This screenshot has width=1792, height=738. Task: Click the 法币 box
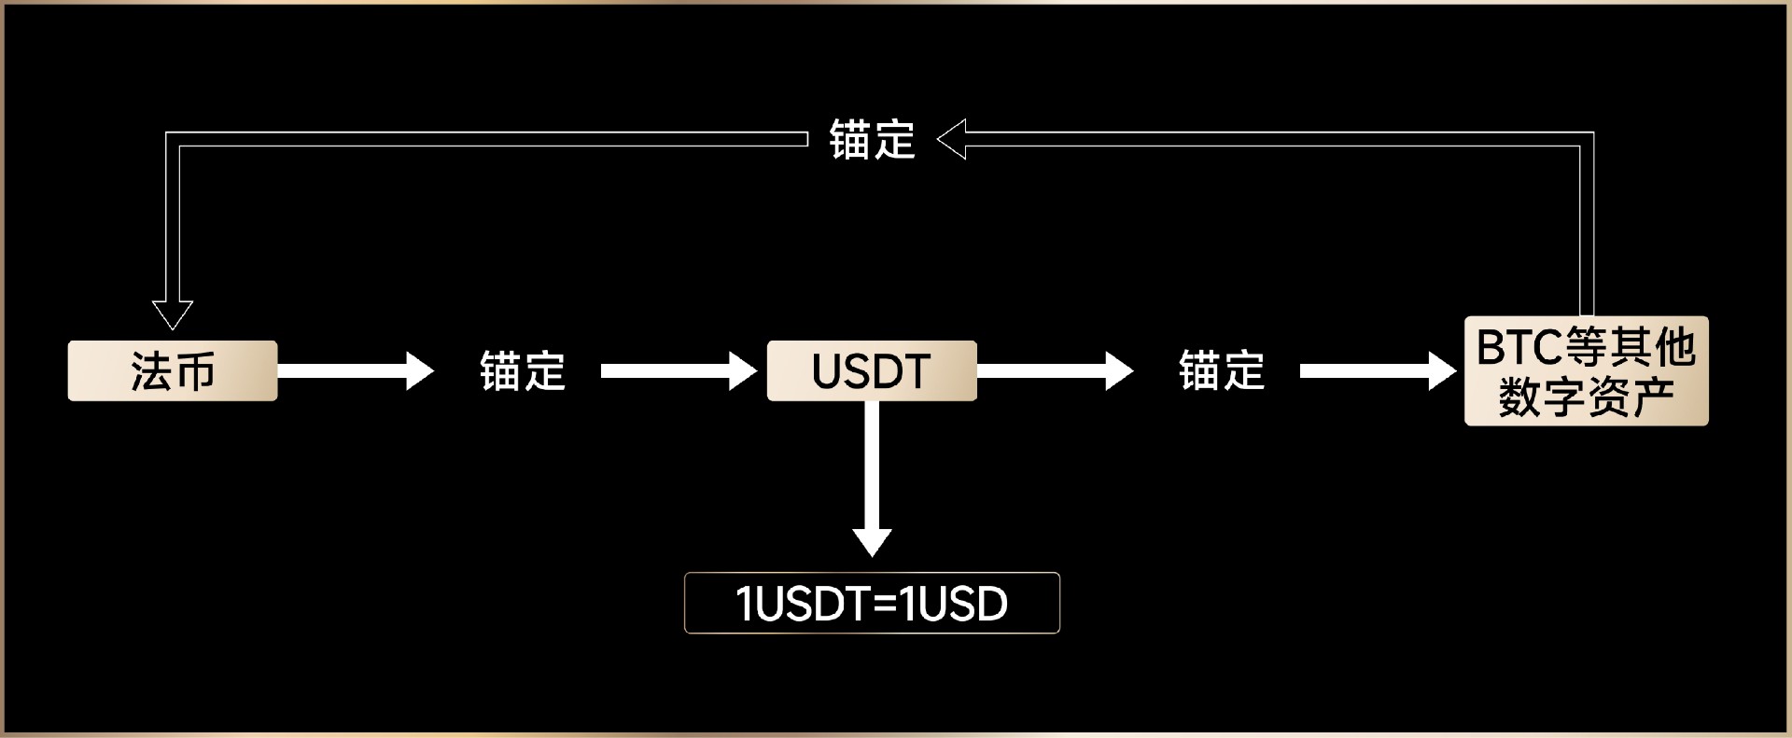pyautogui.click(x=173, y=370)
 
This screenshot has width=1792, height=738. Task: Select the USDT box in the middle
pyautogui.click(x=872, y=370)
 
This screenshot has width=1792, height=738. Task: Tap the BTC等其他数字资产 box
pyautogui.click(x=1586, y=371)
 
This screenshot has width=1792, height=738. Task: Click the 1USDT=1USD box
pyautogui.click(x=872, y=603)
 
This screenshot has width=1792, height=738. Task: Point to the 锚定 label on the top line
pyautogui.click(x=872, y=140)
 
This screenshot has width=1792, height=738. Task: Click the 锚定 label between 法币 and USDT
pyautogui.click(x=523, y=370)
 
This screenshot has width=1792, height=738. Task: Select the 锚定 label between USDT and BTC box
pyautogui.click(x=1222, y=370)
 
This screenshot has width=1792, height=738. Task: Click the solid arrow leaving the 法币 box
pyautogui.click(x=355, y=370)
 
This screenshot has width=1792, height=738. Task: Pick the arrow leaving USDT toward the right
pyautogui.click(x=1055, y=370)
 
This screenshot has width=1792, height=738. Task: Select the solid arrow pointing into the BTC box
pyautogui.click(x=1378, y=370)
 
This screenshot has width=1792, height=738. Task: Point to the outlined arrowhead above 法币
pyautogui.click(x=173, y=314)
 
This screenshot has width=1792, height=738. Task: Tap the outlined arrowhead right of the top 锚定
pyautogui.click(x=952, y=140)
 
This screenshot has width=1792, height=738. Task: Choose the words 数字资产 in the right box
pyautogui.click(x=1586, y=397)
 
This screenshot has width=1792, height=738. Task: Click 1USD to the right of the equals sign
pyautogui.click(x=954, y=604)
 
